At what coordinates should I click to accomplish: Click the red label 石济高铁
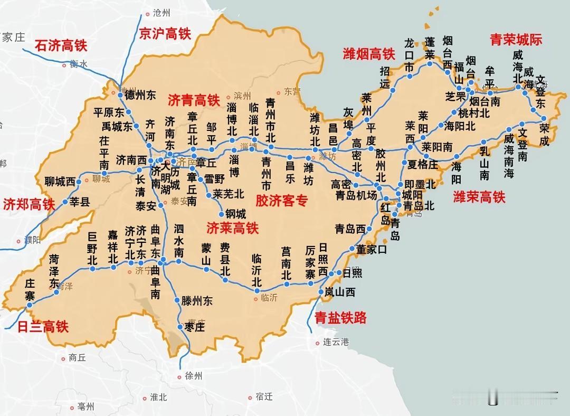(x=61, y=45)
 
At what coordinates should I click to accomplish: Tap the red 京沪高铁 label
(x=164, y=34)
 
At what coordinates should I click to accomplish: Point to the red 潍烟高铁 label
(x=369, y=54)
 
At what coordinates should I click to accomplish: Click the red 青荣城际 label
(x=516, y=39)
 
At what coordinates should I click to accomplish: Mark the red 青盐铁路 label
(x=340, y=318)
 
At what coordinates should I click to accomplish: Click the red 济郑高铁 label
(x=28, y=204)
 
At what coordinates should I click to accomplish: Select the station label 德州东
(x=140, y=96)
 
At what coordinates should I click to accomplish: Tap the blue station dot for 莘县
(x=65, y=202)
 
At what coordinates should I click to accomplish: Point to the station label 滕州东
(x=196, y=301)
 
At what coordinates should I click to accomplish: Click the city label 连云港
(x=336, y=342)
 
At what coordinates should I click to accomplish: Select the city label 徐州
(x=194, y=376)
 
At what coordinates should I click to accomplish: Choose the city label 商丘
(x=77, y=357)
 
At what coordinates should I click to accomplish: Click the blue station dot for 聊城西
(x=79, y=182)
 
